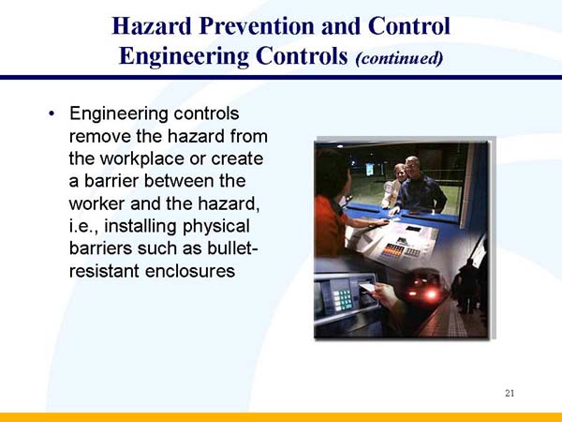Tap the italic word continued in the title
point(397,57)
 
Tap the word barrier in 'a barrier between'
point(115,180)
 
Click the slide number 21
point(510,392)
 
